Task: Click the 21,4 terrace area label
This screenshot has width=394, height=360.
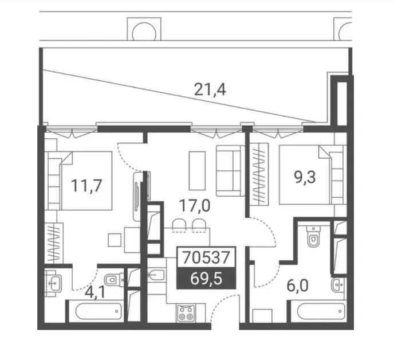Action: [x=210, y=89]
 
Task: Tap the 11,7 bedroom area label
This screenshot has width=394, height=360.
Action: [x=86, y=186]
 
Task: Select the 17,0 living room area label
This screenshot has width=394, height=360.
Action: [x=195, y=206]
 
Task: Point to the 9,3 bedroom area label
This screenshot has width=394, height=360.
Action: [x=305, y=177]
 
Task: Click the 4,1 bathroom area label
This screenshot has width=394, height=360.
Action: [x=94, y=292]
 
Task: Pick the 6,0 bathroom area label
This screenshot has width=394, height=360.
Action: [x=298, y=286]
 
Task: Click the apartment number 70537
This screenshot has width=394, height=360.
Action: [x=206, y=257]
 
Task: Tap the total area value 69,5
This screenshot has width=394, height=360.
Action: [x=206, y=279]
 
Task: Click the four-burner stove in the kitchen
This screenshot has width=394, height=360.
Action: [x=186, y=313]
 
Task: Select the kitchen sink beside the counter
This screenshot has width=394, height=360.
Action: [x=156, y=275]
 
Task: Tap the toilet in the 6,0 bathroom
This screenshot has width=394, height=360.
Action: [x=314, y=236]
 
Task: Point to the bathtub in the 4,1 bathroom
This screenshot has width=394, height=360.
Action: [x=98, y=311]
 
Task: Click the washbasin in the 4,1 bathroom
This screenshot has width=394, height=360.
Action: [x=53, y=283]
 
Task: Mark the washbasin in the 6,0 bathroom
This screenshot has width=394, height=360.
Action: [x=338, y=284]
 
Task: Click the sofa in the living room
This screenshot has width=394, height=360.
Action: [x=230, y=171]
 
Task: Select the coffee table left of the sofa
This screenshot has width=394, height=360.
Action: [x=197, y=171]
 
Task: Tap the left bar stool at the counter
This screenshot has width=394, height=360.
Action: [x=179, y=225]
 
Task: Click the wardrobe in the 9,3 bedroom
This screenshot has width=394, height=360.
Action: [x=259, y=174]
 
